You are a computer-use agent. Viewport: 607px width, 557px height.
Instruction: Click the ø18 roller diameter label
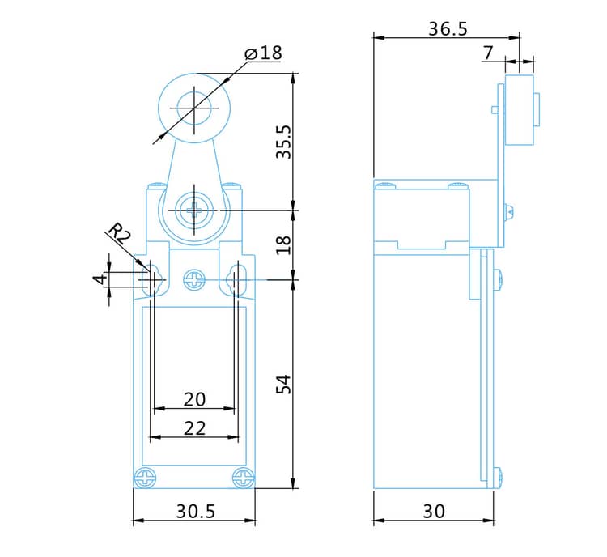(263, 53)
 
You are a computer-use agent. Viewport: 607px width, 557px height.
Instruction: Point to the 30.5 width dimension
(196, 512)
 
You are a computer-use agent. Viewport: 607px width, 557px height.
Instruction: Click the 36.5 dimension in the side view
(448, 29)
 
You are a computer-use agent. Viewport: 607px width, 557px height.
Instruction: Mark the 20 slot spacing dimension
(194, 399)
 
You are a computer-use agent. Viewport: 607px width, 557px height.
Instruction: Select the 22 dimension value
(194, 428)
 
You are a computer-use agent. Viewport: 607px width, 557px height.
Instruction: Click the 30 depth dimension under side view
(434, 512)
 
